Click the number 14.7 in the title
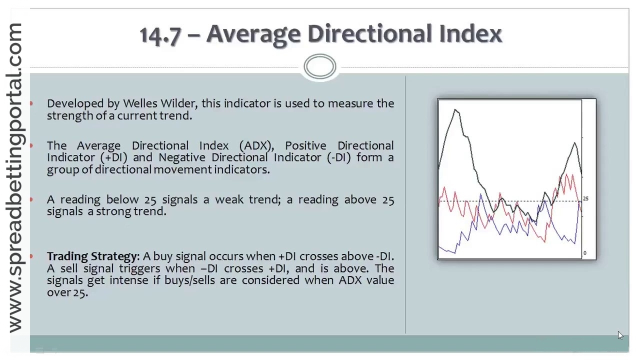point(159,34)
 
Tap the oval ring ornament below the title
point(320,67)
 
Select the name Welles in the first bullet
point(139,103)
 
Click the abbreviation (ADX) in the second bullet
point(256,145)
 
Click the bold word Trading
point(68,256)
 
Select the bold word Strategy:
point(116,256)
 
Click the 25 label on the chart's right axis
point(585,198)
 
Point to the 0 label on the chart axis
point(584,253)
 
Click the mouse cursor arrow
point(620,335)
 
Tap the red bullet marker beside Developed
point(31,103)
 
